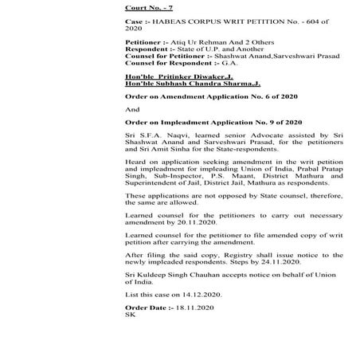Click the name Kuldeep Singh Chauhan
click(x=178, y=275)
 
